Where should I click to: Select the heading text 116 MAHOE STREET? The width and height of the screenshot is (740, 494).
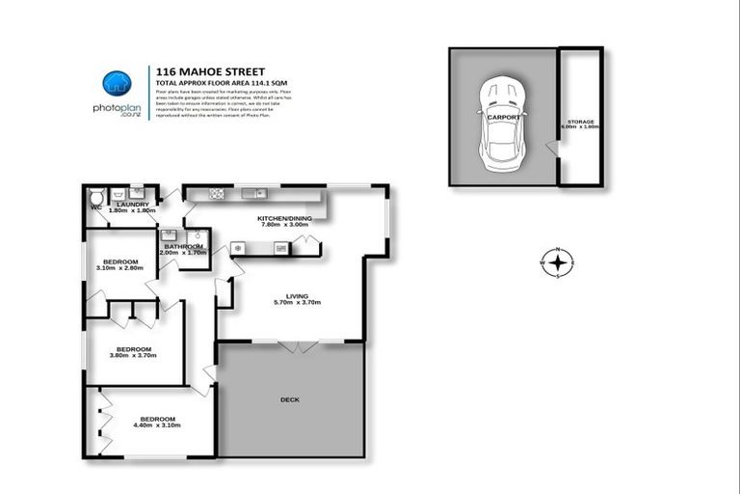[198, 70]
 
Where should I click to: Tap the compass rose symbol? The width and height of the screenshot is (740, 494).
[557, 261]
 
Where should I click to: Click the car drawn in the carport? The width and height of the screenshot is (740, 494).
[502, 118]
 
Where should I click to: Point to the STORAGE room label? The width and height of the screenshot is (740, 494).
[580, 123]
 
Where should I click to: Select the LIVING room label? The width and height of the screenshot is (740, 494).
[296, 296]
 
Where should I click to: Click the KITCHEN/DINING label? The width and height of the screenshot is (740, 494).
[280, 219]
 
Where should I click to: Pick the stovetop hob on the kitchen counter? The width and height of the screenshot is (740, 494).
[217, 195]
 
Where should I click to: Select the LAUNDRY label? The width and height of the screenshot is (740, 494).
[131, 204]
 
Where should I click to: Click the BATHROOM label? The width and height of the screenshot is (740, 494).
[183, 246]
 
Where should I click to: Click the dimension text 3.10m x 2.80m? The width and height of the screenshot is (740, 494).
[120, 268]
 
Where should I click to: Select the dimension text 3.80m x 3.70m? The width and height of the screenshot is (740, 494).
[134, 355]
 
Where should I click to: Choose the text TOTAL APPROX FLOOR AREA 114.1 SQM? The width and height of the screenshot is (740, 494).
[219, 83]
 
